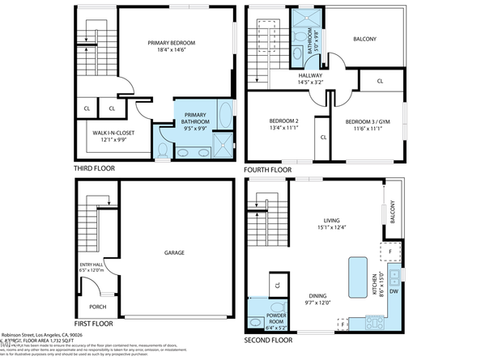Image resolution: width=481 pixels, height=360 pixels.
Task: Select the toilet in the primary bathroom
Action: tap(163, 150)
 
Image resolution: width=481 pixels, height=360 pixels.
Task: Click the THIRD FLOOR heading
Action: tap(94, 169)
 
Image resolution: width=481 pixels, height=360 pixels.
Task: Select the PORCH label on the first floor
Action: tap(98, 307)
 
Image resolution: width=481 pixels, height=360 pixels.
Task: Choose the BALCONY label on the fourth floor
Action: tap(364, 39)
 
